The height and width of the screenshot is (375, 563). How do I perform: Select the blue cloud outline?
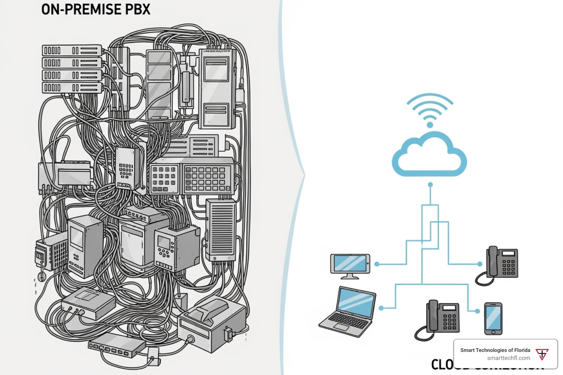point(429,155)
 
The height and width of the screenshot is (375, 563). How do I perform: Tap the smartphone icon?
point(493,318)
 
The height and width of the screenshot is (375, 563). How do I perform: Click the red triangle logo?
point(542,354)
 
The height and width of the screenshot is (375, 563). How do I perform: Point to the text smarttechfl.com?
point(508,358)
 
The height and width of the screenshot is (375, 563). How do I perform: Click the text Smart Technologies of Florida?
point(495,350)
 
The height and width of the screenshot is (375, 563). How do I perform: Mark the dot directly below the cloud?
point(430,185)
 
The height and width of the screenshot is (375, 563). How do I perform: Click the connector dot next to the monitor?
point(377,264)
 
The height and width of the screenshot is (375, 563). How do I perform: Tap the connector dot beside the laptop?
point(381,308)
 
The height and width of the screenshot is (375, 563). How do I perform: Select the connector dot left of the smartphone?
point(477,311)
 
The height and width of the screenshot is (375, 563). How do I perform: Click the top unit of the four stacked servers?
point(72,51)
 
